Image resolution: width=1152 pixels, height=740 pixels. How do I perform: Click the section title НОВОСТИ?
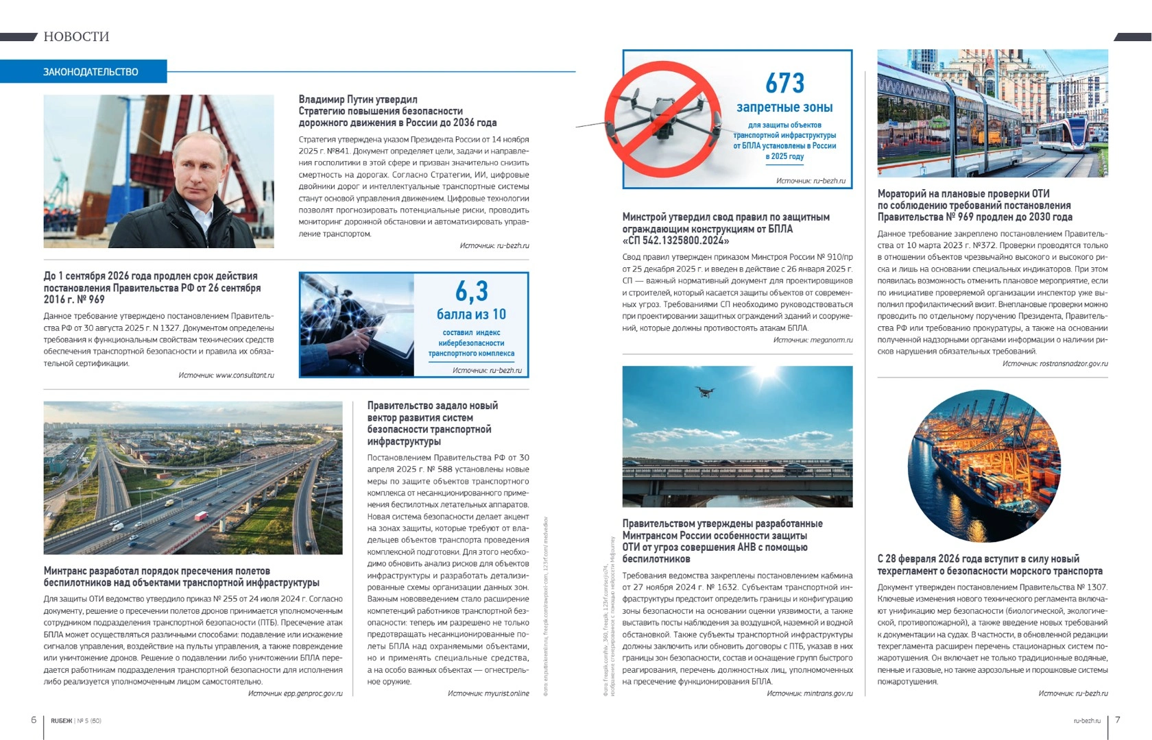pyautogui.click(x=76, y=36)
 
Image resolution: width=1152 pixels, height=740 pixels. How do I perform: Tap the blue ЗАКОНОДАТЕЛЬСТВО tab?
pyautogui.click(x=91, y=72)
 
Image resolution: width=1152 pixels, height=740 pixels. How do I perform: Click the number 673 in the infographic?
pyautogui.click(x=784, y=84)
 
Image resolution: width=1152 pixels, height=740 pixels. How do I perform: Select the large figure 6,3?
pyautogui.click(x=472, y=291)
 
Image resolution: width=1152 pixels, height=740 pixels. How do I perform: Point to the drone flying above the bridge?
pyautogui.click(x=704, y=391)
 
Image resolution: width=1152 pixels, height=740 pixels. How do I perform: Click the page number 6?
pyautogui.click(x=34, y=719)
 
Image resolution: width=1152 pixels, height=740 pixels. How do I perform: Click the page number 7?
pyautogui.click(x=1118, y=719)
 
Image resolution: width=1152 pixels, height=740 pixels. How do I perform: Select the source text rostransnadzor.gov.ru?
pyautogui.click(x=1073, y=363)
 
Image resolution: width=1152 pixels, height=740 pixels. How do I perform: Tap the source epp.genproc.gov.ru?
pyautogui.click(x=313, y=693)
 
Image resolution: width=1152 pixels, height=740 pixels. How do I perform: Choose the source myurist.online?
pyautogui.click(x=507, y=693)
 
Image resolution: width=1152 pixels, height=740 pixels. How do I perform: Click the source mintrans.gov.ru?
pyautogui.click(x=828, y=693)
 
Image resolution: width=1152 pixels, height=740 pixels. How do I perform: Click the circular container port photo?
pyautogui.click(x=984, y=466)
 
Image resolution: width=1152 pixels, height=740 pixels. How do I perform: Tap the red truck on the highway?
pyautogui.click(x=201, y=515)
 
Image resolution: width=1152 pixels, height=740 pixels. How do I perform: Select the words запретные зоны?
pyautogui.click(x=784, y=108)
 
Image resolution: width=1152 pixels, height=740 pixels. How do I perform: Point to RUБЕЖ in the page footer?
pyautogui.click(x=61, y=721)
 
